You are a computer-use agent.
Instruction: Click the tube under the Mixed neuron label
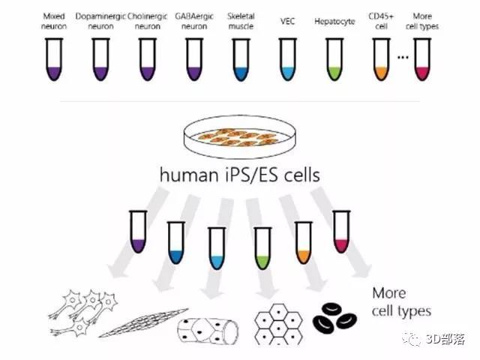coord(54,59)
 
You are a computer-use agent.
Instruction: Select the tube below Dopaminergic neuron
coord(100,59)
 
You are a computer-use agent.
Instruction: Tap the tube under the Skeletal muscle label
coord(241,59)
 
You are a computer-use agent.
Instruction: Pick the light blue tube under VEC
coord(288,59)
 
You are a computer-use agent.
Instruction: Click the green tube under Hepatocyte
coord(334,59)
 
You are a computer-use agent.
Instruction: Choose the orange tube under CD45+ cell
coord(382,59)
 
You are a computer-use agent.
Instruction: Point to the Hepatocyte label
coord(334,22)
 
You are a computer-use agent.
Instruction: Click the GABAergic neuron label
coord(194,21)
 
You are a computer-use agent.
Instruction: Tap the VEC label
coord(288,21)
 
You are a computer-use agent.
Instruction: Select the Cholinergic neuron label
coord(148,21)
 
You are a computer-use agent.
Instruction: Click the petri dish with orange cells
coord(240,136)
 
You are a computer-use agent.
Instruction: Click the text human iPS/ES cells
coord(240,175)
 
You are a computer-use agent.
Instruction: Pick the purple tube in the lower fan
coord(138,232)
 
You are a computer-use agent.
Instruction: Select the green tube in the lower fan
coord(262,248)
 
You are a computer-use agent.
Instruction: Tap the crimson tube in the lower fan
coord(341,232)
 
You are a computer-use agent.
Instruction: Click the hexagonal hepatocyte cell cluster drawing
coord(278,324)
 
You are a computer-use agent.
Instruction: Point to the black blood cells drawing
coord(334,318)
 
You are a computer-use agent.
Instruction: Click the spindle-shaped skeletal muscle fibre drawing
coord(143,322)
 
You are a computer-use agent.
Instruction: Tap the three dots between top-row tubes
coord(403,57)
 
